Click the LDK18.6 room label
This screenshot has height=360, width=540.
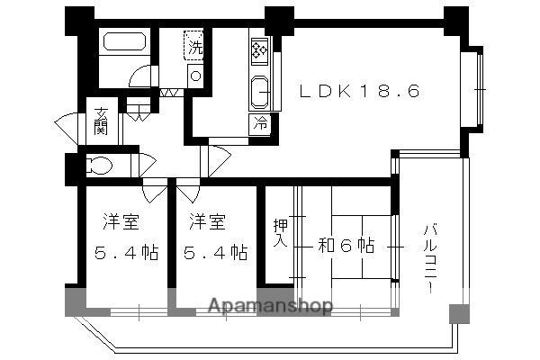pyautogui.click(x=359, y=91)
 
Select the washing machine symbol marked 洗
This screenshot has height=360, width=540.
pyautogui.click(x=194, y=46)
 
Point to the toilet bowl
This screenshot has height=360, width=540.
pyautogui.click(x=99, y=166)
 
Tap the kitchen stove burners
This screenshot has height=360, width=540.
pyautogui.click(x=260, y=50)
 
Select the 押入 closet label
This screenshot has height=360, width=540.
pyautogui.click(x=280, y=236)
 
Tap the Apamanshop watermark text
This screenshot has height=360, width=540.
pyautogui.click(x=270, y=306)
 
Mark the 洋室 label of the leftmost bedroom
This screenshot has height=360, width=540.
pyautogui.click(x=119, y=221)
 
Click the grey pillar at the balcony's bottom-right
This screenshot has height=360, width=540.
pyautogui.click(x=459, y=313)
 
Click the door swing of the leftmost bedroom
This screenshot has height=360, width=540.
pyautogui.click(x=155, y=191)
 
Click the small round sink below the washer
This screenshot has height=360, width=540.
pyautogui.click(x=195, y=76)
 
